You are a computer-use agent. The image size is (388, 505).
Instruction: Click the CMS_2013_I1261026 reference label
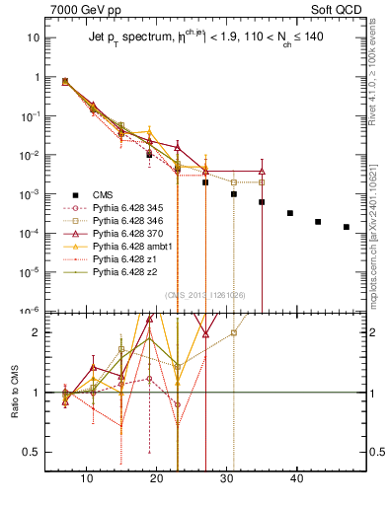[x=205, y=294]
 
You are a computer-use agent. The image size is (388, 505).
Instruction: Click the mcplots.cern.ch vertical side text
[x=379, y=232]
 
